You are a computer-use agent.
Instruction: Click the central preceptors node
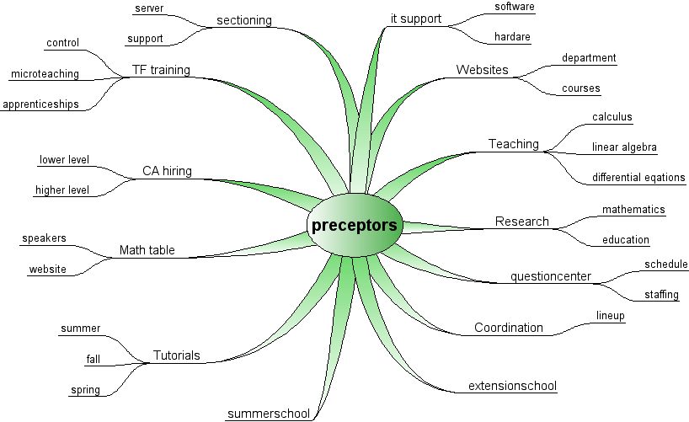click(x=355, y=225)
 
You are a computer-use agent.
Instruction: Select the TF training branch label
click(x=161, y=69)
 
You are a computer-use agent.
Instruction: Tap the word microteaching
click(x=45, y=74)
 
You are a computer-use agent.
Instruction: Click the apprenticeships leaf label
click(x=40, y=104)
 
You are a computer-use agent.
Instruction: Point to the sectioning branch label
click(x=244, y=19)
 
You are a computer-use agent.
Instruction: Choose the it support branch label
click(x=416, y=19)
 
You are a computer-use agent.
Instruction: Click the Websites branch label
click(x=482, y=69)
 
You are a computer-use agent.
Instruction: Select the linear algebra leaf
click(x=624, y=147)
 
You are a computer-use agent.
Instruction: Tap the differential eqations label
click(x=638, y=178)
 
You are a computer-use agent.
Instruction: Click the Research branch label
click(x=521, y=222)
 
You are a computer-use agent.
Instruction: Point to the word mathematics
click(x=633, y=209)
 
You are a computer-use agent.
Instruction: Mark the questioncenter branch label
click(x=551, y=276)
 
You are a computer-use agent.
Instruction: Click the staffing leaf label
click(x=661, y=295)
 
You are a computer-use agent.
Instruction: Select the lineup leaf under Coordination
click(x=610, y=316)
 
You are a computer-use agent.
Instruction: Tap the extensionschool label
click(x=512, y=387)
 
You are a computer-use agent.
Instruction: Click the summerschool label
click(x=269, y=414)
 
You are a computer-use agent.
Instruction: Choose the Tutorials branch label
click(x=176, y=355)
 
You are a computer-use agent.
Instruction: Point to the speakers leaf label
click(x=45, y=238)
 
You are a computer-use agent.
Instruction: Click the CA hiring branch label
click(x=167, y=171)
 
